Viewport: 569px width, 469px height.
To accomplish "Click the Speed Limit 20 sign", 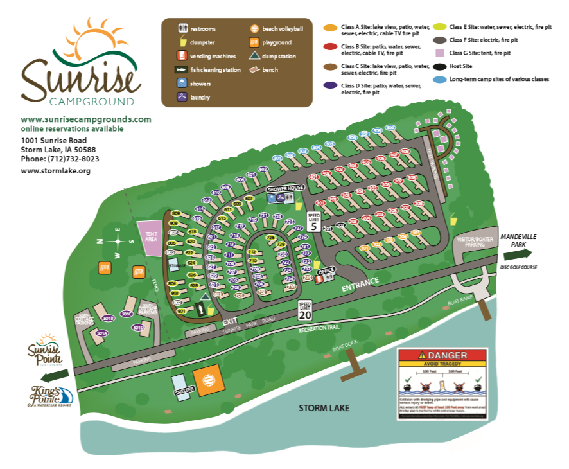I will [306, 310].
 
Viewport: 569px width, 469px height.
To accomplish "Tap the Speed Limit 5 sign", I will [313, 221].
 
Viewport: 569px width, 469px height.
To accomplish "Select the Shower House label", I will [285, 188].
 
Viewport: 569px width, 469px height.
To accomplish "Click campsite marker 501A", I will [101, 333].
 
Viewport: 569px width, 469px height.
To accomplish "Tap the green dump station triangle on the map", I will [206, 297].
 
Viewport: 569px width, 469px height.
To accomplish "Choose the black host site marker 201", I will [327, 228].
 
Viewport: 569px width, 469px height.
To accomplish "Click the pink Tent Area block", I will [150, 238].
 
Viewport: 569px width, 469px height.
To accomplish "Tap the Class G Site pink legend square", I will [440, 53].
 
